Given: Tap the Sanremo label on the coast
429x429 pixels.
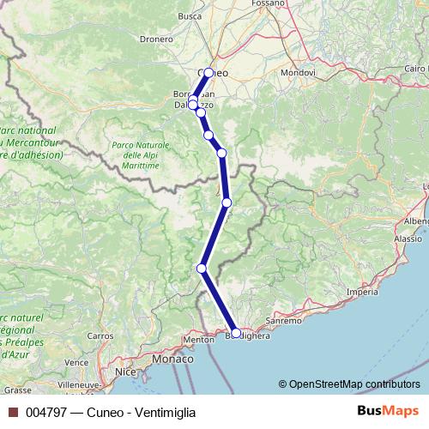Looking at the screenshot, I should tap(284, 320).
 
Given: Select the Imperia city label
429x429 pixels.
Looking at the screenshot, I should tap(362, 293).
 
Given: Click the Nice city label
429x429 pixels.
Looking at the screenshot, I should tap(126, 373).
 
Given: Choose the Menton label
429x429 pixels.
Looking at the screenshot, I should tap(198, 340).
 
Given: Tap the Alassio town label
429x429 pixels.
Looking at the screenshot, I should tap(408, 239).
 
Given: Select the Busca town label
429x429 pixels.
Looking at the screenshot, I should tap(189, 15).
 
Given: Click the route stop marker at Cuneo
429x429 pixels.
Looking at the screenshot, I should tap(208, 73).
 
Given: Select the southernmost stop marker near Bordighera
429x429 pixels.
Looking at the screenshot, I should tap(236, 332).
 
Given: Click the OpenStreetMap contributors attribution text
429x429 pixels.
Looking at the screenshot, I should tap(354, 384).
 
